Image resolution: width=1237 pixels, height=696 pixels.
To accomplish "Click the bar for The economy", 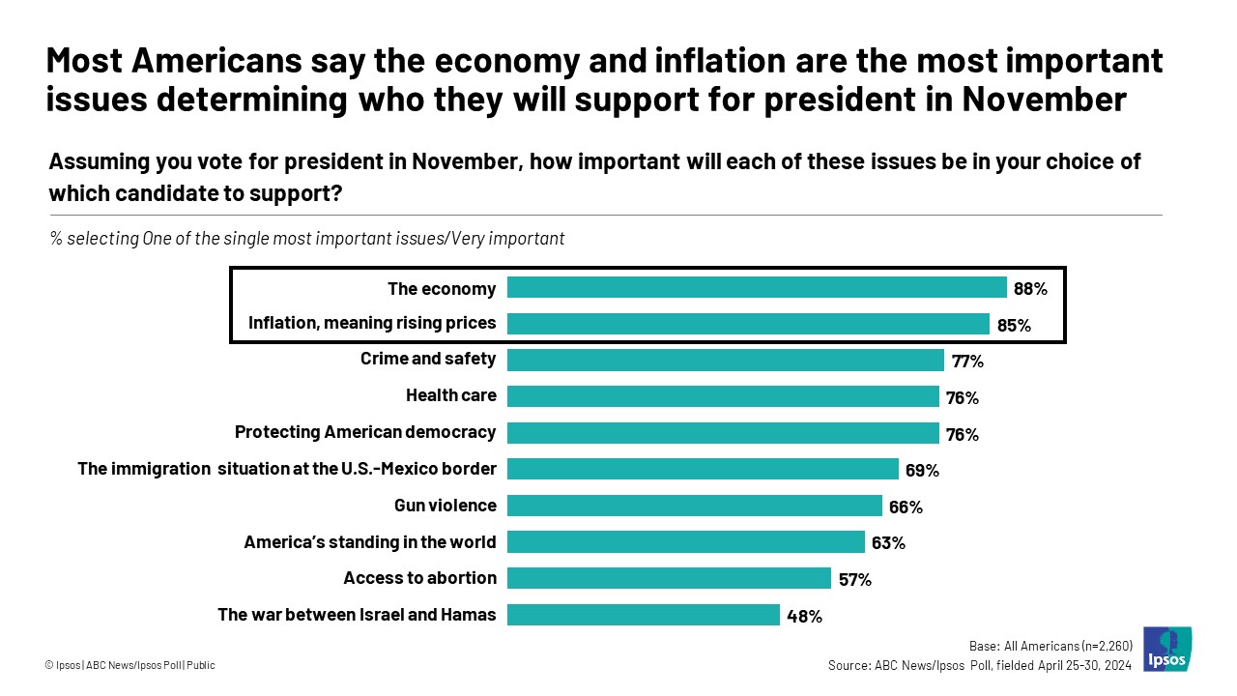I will point(757,287).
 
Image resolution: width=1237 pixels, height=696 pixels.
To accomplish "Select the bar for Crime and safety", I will point(725,360).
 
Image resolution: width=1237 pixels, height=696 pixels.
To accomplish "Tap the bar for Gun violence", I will point(694,506).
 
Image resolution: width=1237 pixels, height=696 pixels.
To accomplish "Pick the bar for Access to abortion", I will point(669,578).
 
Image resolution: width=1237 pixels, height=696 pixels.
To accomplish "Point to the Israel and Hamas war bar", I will point(643,615).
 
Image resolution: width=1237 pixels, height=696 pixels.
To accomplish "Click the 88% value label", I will point(1030,288).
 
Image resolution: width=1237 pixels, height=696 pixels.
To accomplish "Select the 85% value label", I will point(1014,325).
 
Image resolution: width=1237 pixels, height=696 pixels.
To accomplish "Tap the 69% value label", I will point(922,471).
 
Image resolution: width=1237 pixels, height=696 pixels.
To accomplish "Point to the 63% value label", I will point(888,543).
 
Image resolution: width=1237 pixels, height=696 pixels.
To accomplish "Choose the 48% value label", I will point(804,616).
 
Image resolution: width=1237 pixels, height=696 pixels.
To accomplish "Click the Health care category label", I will point(451,394).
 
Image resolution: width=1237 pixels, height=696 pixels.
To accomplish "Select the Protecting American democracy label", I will point(365,431).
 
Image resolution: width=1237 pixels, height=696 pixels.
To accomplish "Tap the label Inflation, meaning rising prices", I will point(372,323).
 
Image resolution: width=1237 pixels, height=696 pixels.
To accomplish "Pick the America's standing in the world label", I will point(370,541).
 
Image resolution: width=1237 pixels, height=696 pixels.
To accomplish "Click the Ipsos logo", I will point(1166,649).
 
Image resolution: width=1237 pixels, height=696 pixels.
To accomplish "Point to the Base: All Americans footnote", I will point(1050,646).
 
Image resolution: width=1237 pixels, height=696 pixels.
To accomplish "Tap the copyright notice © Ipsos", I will point(129,665).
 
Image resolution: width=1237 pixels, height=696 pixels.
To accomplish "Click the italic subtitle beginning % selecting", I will point(307,238).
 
